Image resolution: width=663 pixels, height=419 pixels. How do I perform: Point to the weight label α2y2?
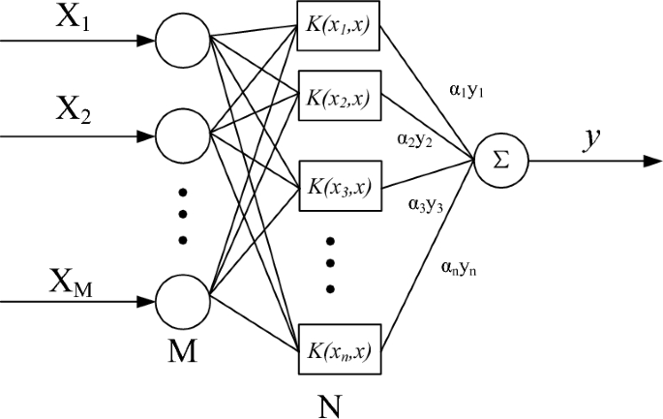coord(413,138)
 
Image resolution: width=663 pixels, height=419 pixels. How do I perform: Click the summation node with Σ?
coord(499,160)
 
